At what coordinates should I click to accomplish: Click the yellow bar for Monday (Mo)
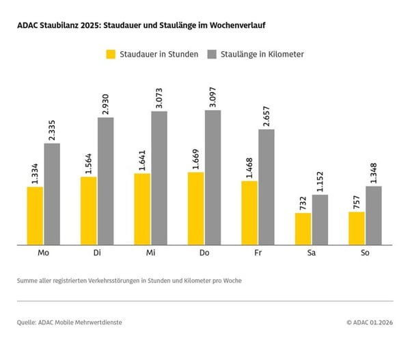[35, 215]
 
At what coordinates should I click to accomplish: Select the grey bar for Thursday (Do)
[213, 177]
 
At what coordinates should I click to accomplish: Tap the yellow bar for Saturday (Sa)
[303, 229]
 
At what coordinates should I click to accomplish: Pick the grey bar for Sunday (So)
[373, 215]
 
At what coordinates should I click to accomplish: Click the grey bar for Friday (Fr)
[266, 186]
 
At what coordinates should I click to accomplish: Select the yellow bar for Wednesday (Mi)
[142, 209]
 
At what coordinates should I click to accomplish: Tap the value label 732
[303, 202]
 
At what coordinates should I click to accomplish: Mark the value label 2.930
[106, 100]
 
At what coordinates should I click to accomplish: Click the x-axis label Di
[97, 253]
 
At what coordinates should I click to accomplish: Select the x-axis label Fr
[258, 253]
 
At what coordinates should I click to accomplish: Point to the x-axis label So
[365, 253]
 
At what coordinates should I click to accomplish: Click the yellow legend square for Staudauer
[110, 54]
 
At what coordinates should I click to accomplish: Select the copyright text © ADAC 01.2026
[369, 322]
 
